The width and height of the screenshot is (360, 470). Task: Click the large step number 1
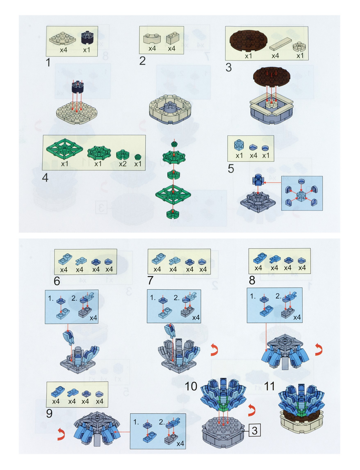(48, 62)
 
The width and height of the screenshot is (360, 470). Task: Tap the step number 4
(45, 178)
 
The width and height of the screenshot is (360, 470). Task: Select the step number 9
(49, 413)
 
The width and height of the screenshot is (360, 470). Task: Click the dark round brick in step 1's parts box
(87, 38)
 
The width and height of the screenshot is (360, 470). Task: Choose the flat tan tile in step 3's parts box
(280, 44)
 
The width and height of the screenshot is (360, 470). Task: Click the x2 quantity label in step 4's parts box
(123, 164)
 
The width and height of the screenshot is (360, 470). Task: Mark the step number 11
(269, 386)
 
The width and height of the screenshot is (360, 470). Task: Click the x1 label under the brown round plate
(248, 56)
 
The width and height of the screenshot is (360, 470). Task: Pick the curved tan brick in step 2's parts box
(152, 39)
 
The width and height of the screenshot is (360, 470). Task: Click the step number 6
(57, 281)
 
